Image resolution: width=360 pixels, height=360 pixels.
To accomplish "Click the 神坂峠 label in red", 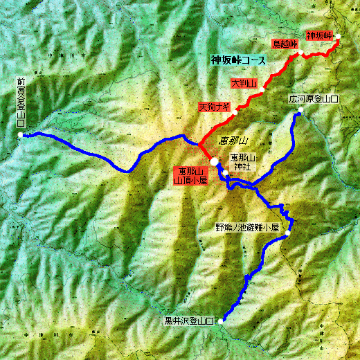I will tap(319, 35).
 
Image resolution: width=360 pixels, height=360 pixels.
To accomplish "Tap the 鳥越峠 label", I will tap(285, 44).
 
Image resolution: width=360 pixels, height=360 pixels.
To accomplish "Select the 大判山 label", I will tap(244, 84).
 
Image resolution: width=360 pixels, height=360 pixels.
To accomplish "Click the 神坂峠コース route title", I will tap(238, 61).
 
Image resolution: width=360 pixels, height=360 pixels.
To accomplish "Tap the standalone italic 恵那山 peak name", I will tap(233, 141).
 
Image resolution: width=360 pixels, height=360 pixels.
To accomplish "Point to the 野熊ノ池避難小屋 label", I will tap(246, 227).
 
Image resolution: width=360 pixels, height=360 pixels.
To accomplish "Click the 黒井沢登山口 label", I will tap(189, 321).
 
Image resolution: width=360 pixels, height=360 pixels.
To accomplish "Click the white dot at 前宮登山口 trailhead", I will tap(21, 134).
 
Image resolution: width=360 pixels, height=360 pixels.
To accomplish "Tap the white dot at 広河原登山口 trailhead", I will tap(300, 113).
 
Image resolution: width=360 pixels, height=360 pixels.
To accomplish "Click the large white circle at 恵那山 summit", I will tap(215, 161).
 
